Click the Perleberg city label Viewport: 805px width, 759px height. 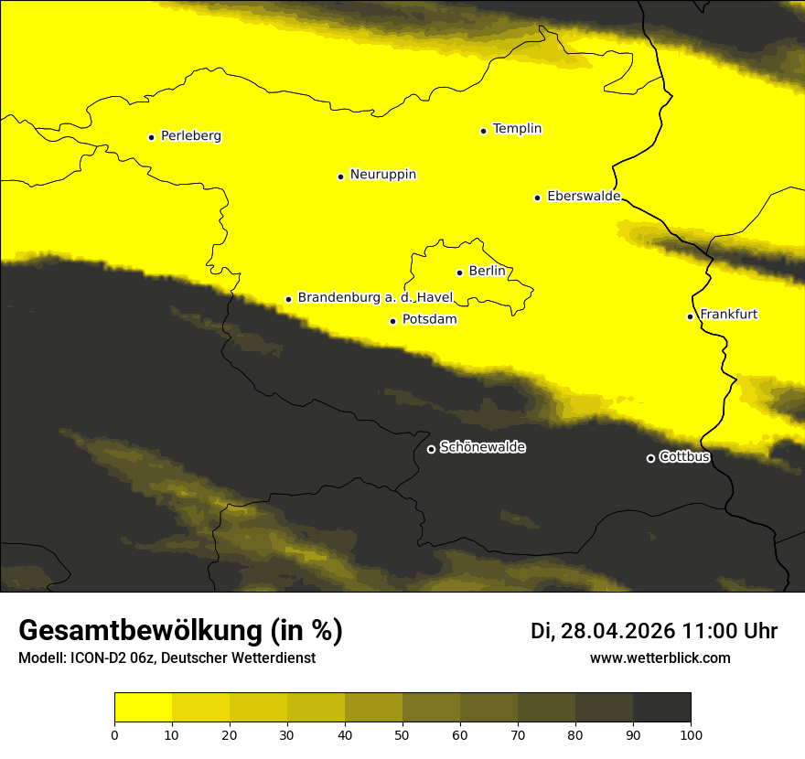point(190,136)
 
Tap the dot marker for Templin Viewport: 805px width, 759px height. point(483,131)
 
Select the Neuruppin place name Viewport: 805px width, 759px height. point(382,175)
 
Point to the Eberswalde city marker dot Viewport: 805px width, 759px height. point(537,198)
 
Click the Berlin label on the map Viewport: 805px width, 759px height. point(487,272)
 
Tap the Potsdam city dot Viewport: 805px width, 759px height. point(392,321)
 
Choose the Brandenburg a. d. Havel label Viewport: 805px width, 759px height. point(369,298)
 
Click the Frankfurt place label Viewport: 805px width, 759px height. point(728,315)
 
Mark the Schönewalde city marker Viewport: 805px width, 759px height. point(431,449)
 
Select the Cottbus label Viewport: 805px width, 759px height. point(684,457)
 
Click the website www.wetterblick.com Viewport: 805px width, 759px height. point(660,658)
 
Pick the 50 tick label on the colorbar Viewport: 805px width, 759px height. point(402,734)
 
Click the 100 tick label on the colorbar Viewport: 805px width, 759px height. point(691,734)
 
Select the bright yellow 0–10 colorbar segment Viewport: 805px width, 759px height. point(143,708)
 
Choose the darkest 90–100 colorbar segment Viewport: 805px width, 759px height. point(661,708)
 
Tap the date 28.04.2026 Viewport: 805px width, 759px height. point(618,631)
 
